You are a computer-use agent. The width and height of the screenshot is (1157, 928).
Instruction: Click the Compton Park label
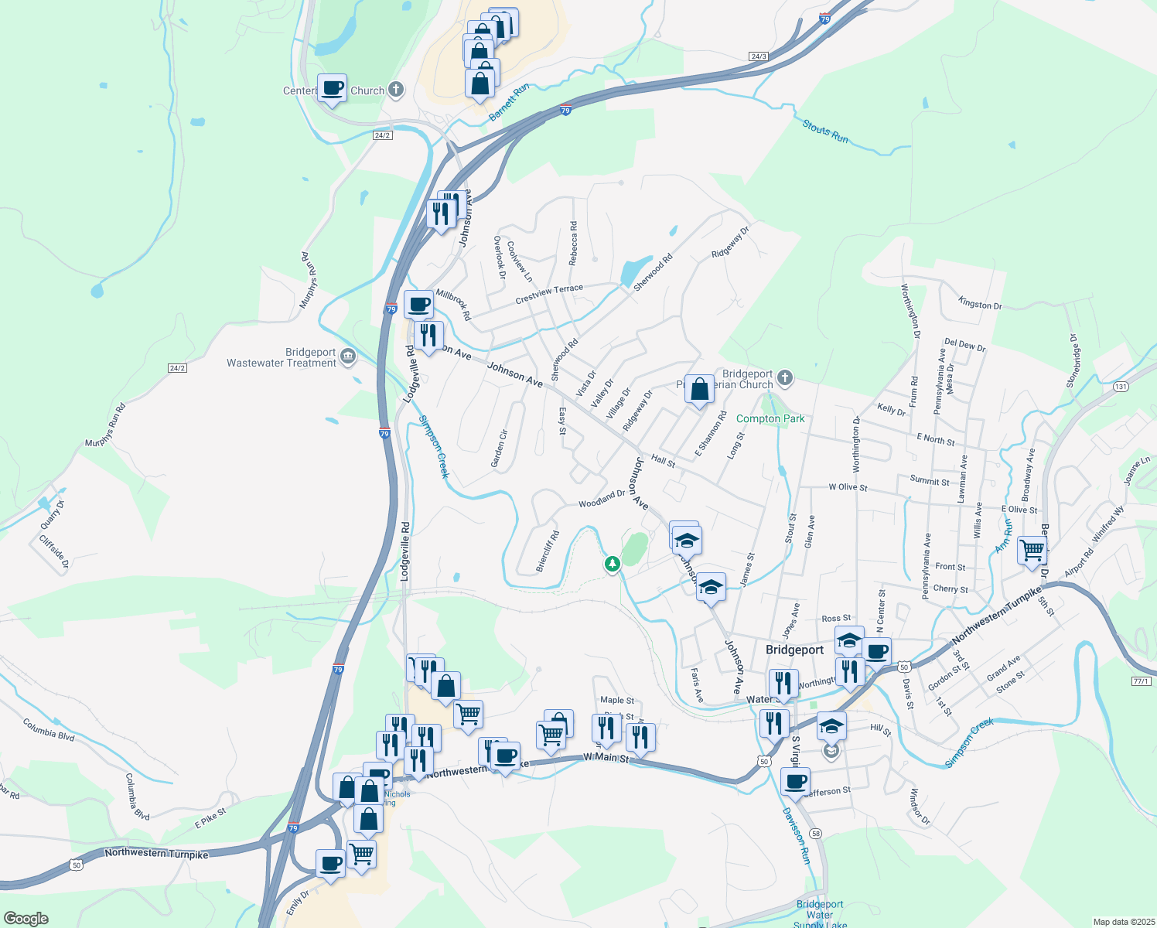(x=770, y=418)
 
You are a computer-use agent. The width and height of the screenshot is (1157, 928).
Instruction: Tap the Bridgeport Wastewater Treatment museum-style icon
(x=348, y=357)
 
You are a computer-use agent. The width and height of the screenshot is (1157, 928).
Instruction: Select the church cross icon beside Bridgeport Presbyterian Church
(x=785, y=377)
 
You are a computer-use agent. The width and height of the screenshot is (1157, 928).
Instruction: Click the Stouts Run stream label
(x=825, y=131)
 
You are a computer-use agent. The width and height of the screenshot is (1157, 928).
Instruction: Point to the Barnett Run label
(x=509, y=102)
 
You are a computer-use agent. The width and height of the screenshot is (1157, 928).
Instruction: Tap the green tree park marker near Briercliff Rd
(x=613, y=564)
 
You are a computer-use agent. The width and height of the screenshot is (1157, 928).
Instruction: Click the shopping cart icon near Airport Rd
(x=1032, y=551)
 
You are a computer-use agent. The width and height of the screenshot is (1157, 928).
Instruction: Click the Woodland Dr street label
(x=602, y=499)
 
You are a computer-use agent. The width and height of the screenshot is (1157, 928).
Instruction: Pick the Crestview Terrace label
(x=549, y=294)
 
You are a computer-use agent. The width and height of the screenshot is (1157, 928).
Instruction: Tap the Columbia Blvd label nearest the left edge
(x=49, y=729)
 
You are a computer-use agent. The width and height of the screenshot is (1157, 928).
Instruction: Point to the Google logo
(x=26, y=919)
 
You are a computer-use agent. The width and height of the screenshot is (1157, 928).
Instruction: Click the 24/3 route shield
(x=758, y=56)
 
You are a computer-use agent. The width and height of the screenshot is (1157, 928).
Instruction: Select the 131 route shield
(x=1121, y=386)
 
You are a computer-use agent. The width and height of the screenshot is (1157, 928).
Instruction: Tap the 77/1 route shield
(x=1141, y=681)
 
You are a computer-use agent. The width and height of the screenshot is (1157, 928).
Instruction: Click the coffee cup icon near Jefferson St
(x=795, y=780)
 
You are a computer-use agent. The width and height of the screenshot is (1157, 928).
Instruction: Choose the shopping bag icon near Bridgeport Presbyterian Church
(x=699, y=390)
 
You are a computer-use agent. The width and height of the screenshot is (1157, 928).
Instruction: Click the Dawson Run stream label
(x=796, y=835)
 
